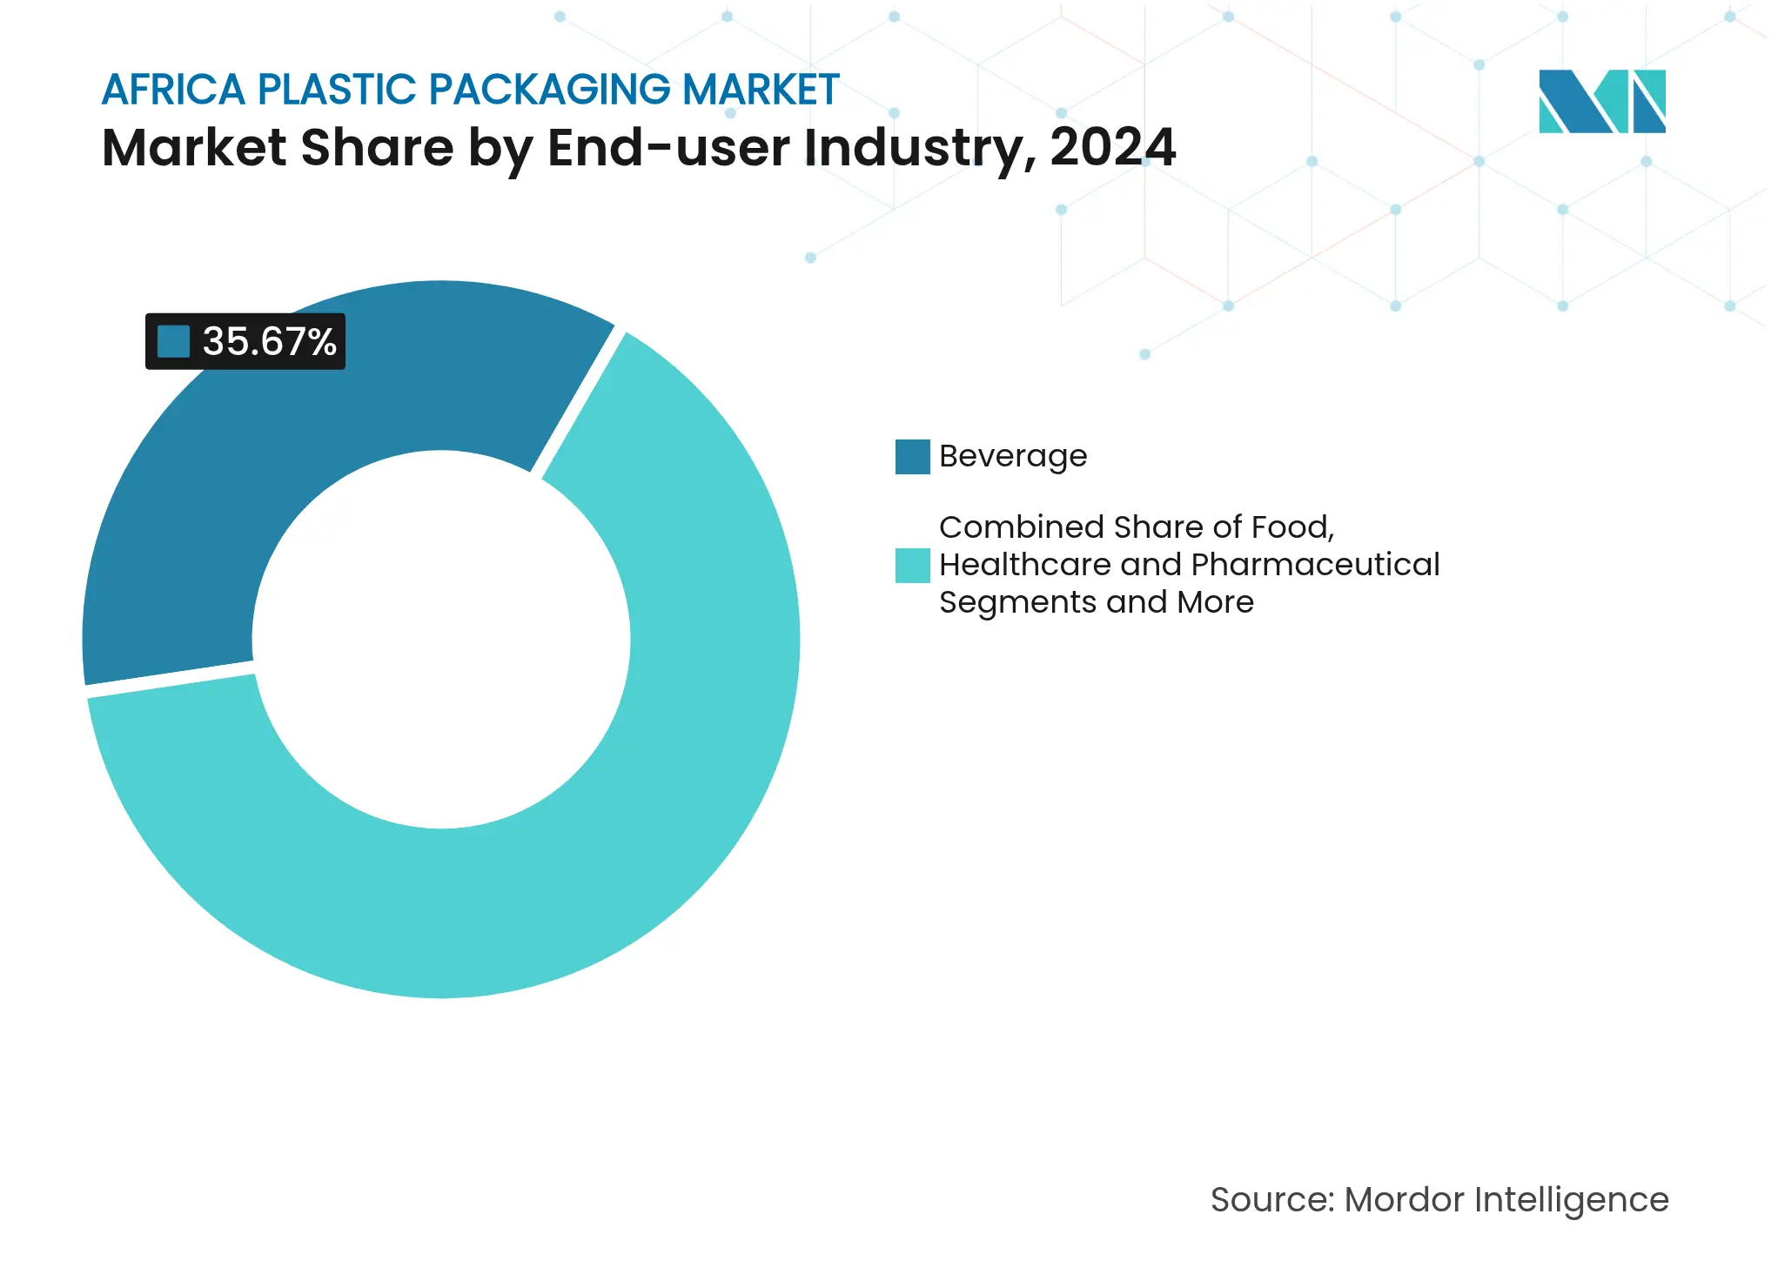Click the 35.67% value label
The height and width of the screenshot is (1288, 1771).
coord(269,341)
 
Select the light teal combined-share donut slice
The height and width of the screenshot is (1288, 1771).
coord(609,827)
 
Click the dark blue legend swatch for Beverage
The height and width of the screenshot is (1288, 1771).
coord(912,457)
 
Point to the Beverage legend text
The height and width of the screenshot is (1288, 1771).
coord(1013,457)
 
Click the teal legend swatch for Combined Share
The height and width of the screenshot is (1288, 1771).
coord(912,566)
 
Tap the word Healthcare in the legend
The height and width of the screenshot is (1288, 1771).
coord(1024,565)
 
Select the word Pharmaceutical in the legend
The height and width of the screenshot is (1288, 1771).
coord(1314,565)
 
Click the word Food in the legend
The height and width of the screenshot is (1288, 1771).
coord(1291,527)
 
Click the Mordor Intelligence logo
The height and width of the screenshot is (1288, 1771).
coord(1601,102)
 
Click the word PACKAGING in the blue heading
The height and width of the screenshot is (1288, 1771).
coord(550,90)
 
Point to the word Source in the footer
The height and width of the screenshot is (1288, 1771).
coord(1271,1200)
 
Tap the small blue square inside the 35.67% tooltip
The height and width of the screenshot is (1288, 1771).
coord(173,341)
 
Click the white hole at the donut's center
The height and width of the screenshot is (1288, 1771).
coord(441,640)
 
